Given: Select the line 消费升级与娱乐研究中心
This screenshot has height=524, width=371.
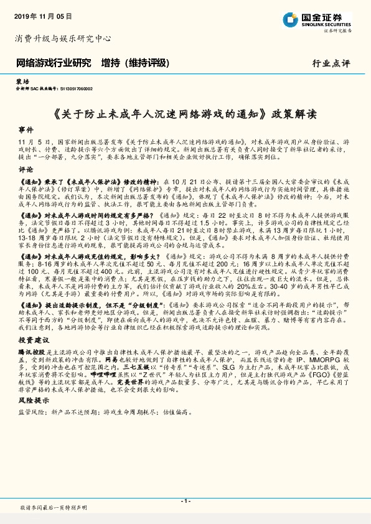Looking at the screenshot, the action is click(63, 39).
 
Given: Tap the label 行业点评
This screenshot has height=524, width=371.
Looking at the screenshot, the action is click(331, 63).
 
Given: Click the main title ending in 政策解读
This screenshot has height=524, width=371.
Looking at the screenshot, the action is click(185, 114).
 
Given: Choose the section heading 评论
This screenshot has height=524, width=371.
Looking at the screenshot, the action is click(26, 169).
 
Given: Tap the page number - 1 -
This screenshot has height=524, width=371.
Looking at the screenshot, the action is click(185, 501).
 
